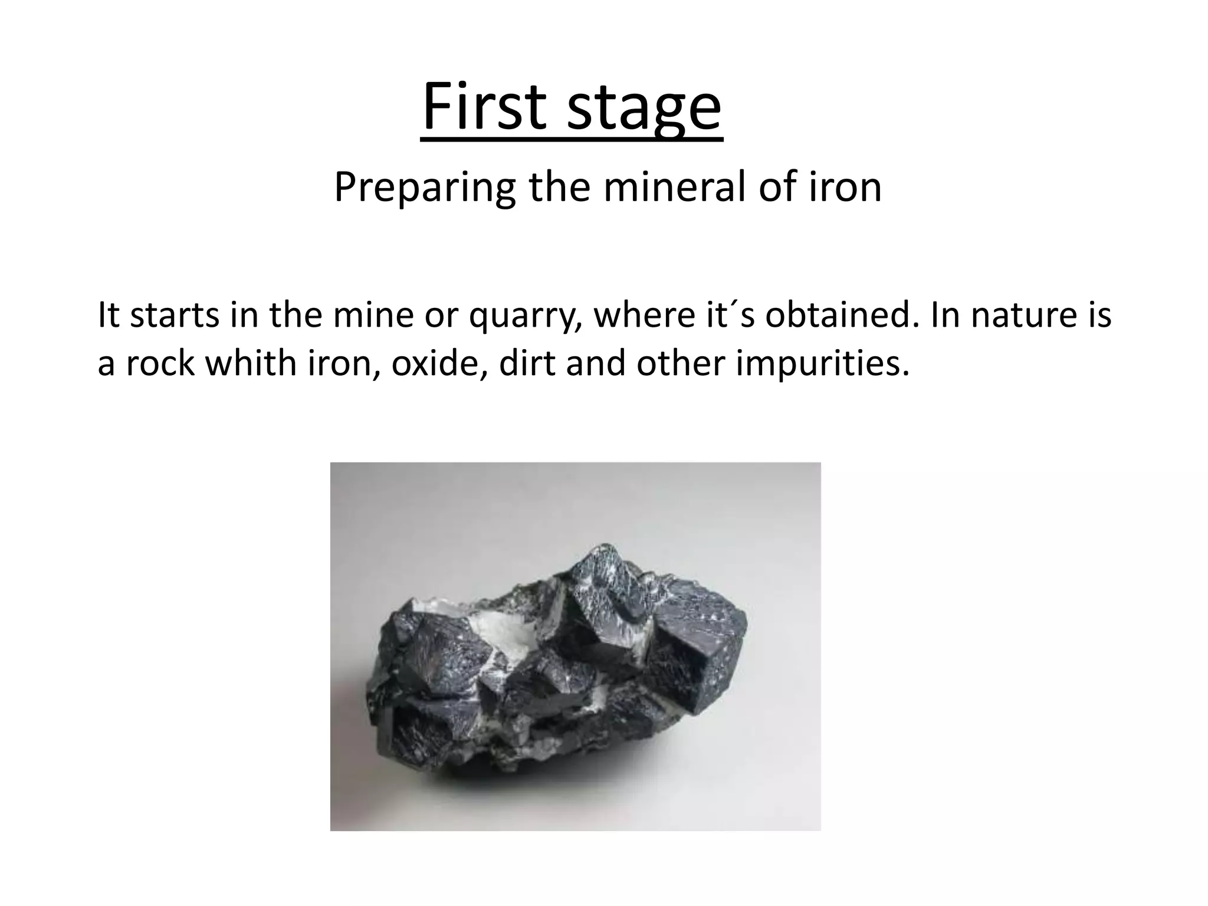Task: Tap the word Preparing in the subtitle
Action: tap(425, 188)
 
